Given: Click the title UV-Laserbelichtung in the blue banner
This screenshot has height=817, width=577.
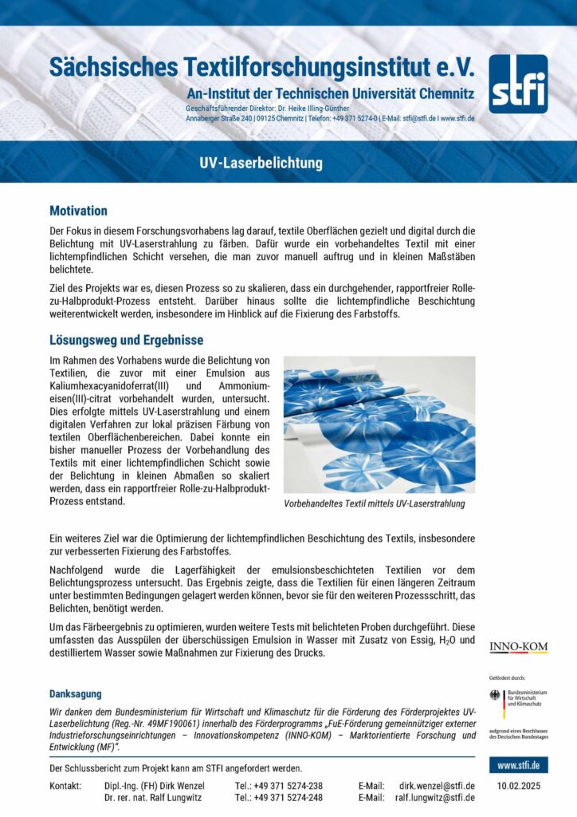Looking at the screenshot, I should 261,164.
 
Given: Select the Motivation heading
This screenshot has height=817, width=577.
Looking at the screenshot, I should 78,211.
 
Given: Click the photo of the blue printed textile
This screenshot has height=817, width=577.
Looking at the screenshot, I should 379,424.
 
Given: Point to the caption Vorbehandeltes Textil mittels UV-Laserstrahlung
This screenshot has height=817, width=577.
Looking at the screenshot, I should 374,504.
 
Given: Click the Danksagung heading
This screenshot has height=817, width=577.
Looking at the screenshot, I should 75,694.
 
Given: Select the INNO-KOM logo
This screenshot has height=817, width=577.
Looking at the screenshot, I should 518,647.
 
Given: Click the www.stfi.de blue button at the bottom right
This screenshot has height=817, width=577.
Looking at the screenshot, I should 518,766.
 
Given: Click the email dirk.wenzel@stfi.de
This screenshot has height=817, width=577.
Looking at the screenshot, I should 437,786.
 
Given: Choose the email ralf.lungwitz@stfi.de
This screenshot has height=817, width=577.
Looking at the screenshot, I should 435,797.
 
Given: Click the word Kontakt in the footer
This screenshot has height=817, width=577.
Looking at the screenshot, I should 65,786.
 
